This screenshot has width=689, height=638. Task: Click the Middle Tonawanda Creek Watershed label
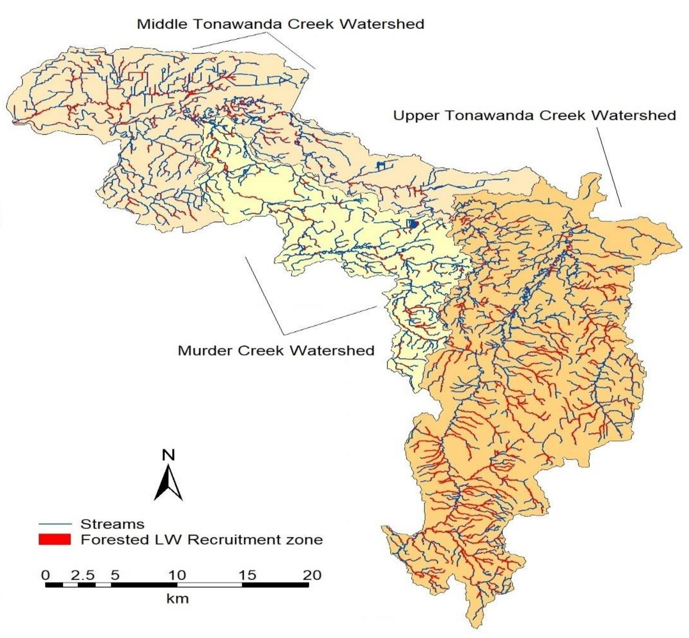click(280, 24)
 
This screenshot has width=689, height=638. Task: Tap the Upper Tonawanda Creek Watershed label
click(534, 115)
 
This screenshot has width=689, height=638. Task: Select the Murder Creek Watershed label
click(276, 351)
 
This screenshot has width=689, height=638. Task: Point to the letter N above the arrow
click(168, 455)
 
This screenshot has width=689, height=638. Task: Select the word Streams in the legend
click(112, 524)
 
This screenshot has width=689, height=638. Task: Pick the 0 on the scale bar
click(45, 575)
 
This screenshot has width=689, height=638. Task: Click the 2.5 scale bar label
click(83, 575)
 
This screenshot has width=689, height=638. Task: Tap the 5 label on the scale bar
click(115, 575)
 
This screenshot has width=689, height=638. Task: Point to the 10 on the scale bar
click(177, 575)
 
